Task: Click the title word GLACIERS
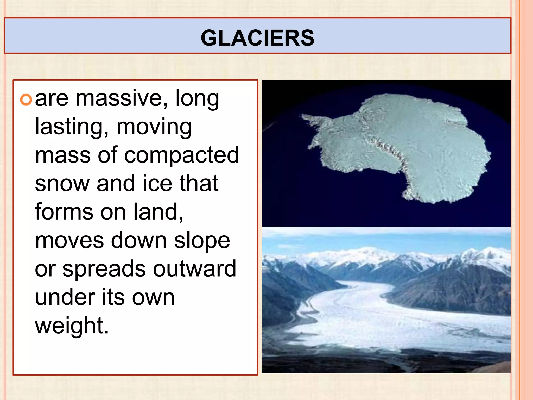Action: tap(257, 38)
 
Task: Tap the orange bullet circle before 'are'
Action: tap(26, 100)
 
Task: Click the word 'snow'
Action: tap(62, 184)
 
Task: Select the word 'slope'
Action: tap(202, 241)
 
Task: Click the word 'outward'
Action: tap(195, 269)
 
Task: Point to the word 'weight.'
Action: tap(72, 326)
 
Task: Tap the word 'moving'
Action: tap(154, 128)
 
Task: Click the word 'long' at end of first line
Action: tap(197, 99)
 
